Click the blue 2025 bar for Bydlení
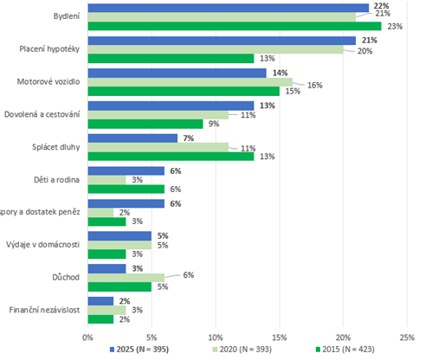[x=228, y=8]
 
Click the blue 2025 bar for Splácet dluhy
[x=132, y=138]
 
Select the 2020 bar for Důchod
[x=126, y=276]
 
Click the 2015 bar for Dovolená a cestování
[x=145, y=123]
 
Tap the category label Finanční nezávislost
[x=43, y=309]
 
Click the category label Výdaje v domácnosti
[x=43, y=244]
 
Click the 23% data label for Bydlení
[x=393, y=26]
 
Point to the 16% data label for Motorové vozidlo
[x=314, y=85]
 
